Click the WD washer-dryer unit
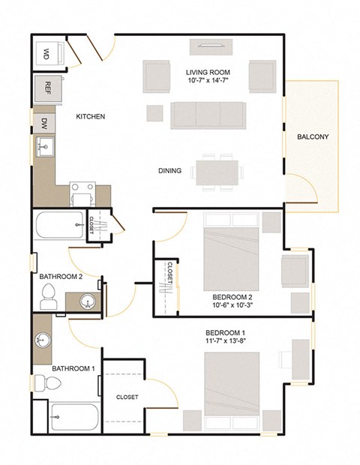point(46,53)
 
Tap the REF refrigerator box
point(47,87)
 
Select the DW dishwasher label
point(45,121)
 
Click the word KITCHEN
point(90,117)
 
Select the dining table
point(217,170)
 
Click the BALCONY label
point(310,137)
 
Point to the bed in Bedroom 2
point(232,251)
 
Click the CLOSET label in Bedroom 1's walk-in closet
point(127,397)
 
